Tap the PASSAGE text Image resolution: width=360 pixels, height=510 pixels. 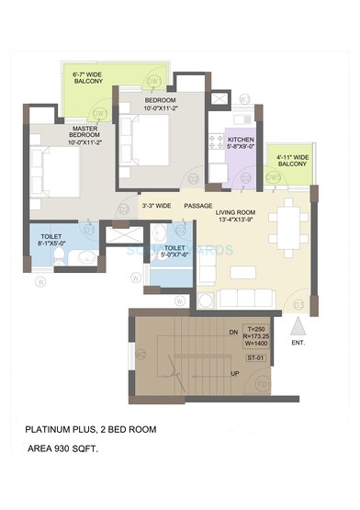click(x=197, y=205)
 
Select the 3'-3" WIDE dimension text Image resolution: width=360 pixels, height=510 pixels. click(x=156, y=205)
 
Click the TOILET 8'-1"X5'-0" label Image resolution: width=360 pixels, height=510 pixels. click(x=51, y=241)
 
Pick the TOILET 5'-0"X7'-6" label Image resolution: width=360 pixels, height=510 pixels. click(x=175, y=251)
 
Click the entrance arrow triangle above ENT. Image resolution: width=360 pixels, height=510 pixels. click(x=296, y=324)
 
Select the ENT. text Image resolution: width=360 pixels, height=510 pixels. click(x=297, y=343)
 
